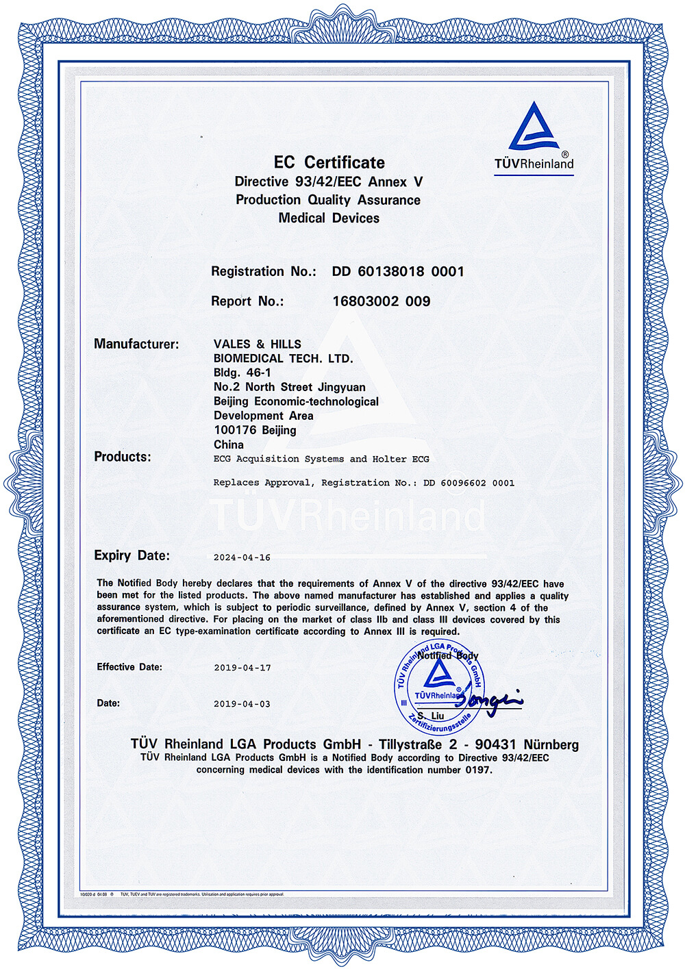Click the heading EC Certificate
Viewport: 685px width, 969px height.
click(x=329, y=162)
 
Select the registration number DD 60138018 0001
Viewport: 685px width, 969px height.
click(x=398, y=271)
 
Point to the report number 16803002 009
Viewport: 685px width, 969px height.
click(x=381, y=301)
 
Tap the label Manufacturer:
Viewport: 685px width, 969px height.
click(x=136, y=344)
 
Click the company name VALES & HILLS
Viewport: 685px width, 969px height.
click(x=257, y=344)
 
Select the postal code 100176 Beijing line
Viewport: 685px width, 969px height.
click(x=255, y=430)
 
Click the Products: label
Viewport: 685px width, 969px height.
click(x=123, y=457)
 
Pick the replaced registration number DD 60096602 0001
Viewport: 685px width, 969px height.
click(x=469, y=483)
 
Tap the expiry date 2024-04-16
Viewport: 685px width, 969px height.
click(x=242, y=557)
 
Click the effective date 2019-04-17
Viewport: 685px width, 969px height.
click(x=242, y=668)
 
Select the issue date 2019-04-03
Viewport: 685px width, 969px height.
click(x=242, y=704)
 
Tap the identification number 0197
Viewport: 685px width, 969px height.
click(x=477, y=770)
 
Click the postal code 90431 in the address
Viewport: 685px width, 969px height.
click(x=495, y=744)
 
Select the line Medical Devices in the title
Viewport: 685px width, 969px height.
click(x=329, y=218)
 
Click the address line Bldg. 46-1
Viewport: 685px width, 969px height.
click(x=242, y=373)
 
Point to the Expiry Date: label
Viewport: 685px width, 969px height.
click(x=132, y=555)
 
